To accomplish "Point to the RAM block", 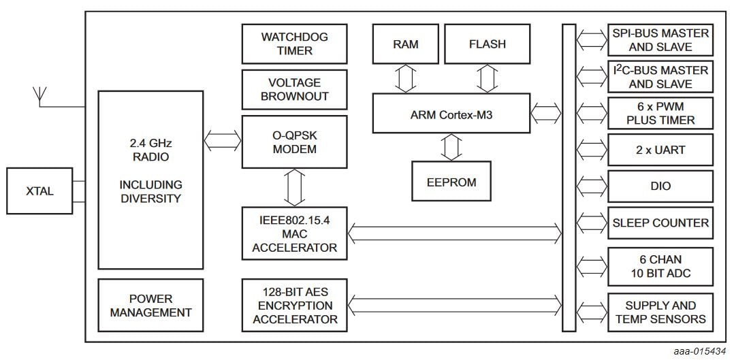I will click(405, 44).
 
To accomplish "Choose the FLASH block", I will click(487, 44).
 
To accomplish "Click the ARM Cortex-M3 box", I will click(451, 113).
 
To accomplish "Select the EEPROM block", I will click(451, 182).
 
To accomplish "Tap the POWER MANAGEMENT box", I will click(150, 306).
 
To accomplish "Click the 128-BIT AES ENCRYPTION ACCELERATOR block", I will click(294, 305).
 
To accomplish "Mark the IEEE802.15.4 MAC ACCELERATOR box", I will click(294, 233).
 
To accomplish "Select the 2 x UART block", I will click(660, 150).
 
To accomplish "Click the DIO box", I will click(660, 186).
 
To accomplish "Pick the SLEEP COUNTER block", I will click(660, 223).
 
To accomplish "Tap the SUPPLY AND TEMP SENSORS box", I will click(660, 312).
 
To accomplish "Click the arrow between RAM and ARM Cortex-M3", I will click(406, 78).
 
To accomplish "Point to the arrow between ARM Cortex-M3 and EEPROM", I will click(451, 147).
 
